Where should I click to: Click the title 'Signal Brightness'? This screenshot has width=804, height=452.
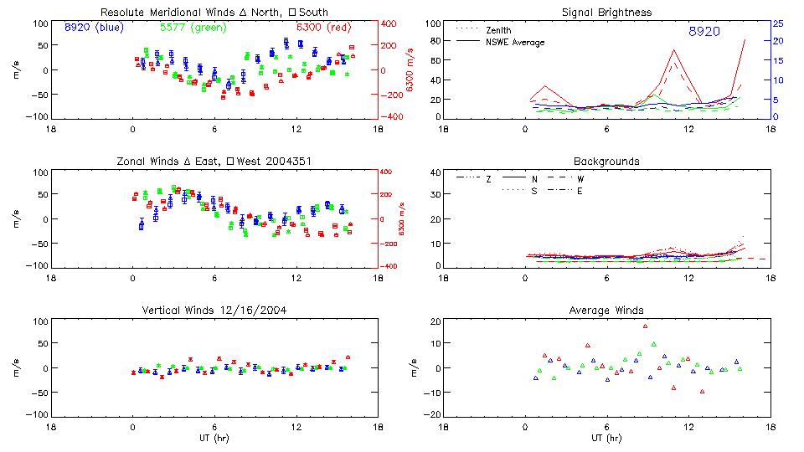coord(606,12)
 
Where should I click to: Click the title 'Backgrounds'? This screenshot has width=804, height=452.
coord(606,161)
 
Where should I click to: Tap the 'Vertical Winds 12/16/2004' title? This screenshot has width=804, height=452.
coord(214,312)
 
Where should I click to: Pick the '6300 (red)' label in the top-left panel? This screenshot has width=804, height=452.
coord(323,28)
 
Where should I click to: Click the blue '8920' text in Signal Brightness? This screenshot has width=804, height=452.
coord(703,31)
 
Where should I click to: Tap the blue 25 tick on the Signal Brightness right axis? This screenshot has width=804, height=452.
coord(777,23)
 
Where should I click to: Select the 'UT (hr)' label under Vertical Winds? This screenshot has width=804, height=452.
coord(214,438)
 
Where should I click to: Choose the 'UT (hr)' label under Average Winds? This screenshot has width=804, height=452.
coord(606,438)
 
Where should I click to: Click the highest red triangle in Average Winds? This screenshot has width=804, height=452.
coord(645,326)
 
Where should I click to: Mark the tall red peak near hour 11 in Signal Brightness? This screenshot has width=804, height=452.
coord(674,50)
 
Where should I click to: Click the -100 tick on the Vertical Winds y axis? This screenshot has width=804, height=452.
coord(39,415)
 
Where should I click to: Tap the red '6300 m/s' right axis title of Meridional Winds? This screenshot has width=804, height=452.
coord(410,70)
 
